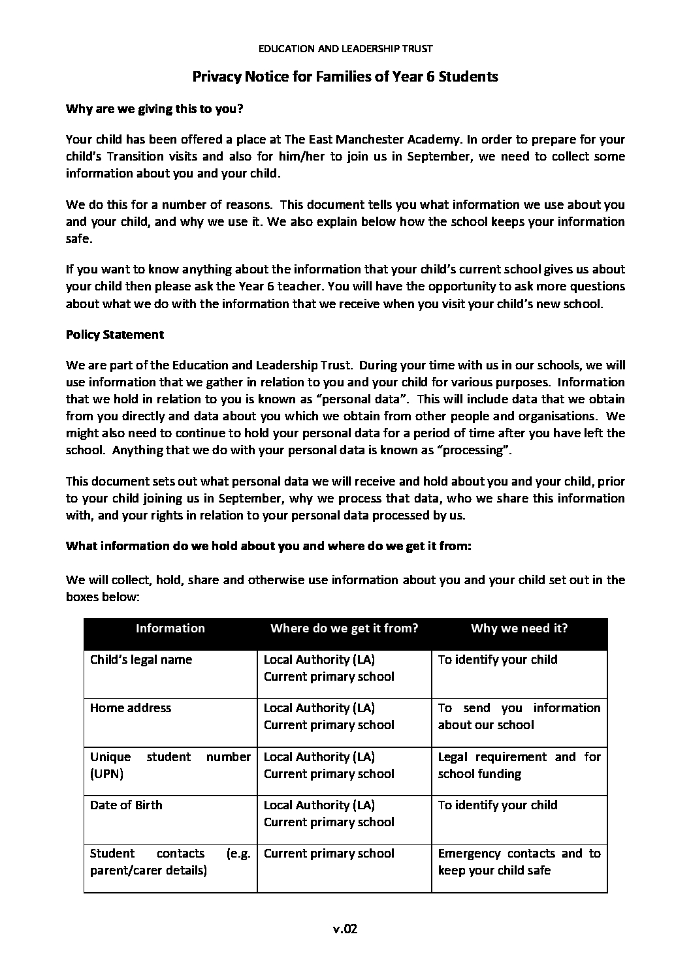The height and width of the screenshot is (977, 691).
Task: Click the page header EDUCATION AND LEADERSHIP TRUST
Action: pos(345,48)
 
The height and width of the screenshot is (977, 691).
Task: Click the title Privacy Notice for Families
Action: pos(345,77)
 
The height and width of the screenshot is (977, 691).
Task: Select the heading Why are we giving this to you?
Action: pos(154,109)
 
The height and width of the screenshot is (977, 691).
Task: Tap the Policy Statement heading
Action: pos(115,334)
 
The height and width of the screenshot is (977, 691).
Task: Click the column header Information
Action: pos(170,628)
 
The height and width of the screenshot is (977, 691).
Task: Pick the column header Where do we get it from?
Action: pos(344,628)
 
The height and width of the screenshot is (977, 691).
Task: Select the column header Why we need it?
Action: pos(519,628)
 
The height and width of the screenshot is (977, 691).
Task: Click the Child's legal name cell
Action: pos(141,659)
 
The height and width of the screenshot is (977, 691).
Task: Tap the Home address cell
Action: pos(131,707)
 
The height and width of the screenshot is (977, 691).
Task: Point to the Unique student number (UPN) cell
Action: pos(170,765)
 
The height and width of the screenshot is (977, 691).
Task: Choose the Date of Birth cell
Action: pos(126,805)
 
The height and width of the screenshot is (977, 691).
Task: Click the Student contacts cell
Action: pos(170,861)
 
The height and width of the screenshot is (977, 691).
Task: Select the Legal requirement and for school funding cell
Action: pos(519,765)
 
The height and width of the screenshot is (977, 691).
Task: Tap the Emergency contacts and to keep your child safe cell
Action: pos(519,861)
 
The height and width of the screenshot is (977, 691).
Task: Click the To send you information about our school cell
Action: pos(519,716)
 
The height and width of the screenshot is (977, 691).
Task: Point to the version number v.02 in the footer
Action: pos(345,930)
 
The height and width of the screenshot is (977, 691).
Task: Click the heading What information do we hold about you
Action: pos(268,546)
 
